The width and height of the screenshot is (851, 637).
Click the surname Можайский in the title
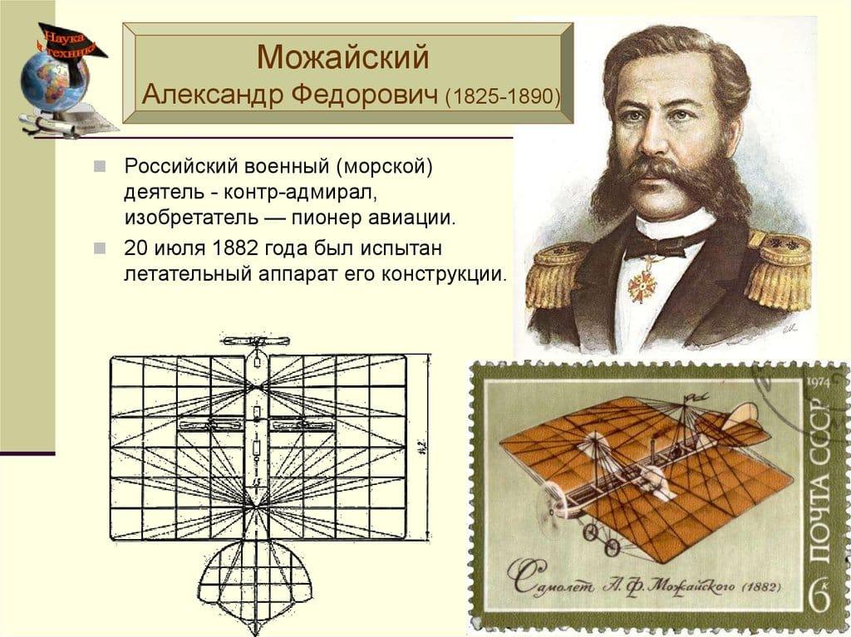(x=343, y=57)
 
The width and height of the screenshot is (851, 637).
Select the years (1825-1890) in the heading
(x=503, y=96)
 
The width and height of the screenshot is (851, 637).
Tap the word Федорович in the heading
(x=364, y=95)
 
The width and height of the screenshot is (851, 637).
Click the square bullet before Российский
(x=100, y=166)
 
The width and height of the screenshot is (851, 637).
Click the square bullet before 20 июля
(x=100, y=248)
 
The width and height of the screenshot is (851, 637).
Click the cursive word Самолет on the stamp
(x=548, y=581)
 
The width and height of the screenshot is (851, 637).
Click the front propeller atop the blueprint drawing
(x=255, y=341)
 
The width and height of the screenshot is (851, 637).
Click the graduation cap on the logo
(x=71, y=42)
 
